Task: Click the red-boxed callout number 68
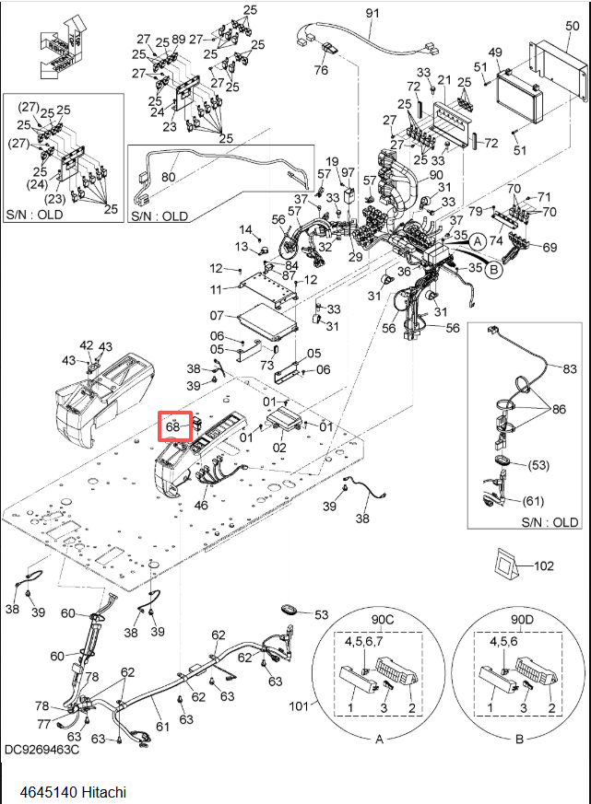172,426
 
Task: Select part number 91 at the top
372,12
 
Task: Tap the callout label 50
572,26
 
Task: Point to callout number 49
495,52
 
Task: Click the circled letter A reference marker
478,240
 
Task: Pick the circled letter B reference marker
493,269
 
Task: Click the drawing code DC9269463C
42,749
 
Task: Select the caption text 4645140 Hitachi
73,792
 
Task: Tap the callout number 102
544,565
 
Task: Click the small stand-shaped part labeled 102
502,565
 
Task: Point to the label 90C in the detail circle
383,620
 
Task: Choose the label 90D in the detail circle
522,620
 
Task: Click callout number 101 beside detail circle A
299,706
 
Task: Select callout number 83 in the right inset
570,368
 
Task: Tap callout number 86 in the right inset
559,409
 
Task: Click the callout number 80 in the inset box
169,177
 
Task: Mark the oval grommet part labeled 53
290,611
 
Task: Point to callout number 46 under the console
201,505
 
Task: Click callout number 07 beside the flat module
217,315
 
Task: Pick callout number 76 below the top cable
321,69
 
